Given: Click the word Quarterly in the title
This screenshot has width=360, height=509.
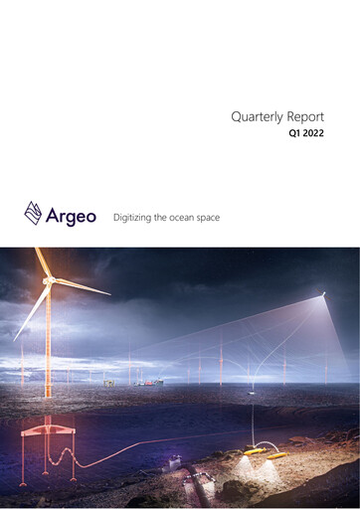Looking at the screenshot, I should (x=254, y=116).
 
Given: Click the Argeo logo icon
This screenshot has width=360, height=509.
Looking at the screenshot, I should (x=33, y=212).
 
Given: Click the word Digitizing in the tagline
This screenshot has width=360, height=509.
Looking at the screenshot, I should (x=135, y=216).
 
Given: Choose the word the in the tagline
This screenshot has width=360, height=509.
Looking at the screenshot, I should (x=167, y=216).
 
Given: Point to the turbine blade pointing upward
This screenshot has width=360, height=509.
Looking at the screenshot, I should (x=41, y=260).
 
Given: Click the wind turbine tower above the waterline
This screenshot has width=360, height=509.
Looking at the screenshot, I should (x=48, y=338).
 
